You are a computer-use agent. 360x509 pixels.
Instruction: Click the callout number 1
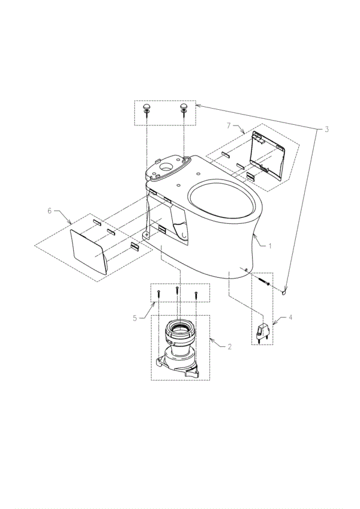click(270, 246)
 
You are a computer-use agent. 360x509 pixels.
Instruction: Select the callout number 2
click(229, 346)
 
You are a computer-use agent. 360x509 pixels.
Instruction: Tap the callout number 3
click(326, 129)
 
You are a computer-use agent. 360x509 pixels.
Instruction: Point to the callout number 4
click(290, 318)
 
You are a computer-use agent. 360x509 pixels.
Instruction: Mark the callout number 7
click(229, 125)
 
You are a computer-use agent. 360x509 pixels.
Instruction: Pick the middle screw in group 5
click(177, 292)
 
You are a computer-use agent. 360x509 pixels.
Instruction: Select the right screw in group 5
click(196, 295)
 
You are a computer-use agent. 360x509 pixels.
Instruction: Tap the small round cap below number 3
click(284, 292)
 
